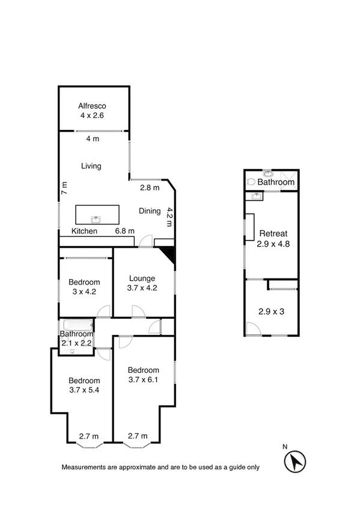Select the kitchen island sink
(96, 219)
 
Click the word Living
(91, 166)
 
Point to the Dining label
(150, 211)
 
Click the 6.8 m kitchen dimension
(124, 231)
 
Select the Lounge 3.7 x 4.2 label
(142, 283)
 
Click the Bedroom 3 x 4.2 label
(84, 287)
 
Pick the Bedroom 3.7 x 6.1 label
(143, 375)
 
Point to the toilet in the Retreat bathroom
(250, 181)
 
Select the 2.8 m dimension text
(150, 188)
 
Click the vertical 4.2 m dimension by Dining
(170, 216)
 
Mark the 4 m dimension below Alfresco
(92, 139)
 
